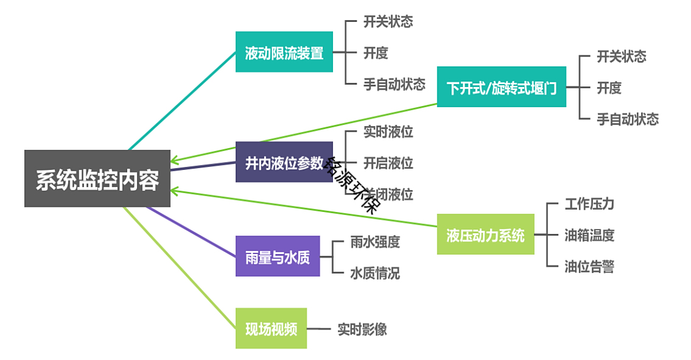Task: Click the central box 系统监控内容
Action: (97, 178)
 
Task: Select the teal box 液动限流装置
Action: (284, 52)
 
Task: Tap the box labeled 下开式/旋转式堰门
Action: (502, 87)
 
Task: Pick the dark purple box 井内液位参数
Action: (284, 162)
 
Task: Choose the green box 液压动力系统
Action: (486, 235)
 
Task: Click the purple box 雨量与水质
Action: (278, 256)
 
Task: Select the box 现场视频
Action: (271, 328)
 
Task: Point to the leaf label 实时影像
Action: (362, 329)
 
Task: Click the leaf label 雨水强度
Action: (375, 242)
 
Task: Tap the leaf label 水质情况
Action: (375, 274)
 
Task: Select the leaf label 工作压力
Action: (590, 204)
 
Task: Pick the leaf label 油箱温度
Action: (590, 235)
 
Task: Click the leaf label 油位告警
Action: (590, 266)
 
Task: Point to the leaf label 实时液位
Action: (388, 132)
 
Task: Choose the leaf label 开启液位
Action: (388, 163)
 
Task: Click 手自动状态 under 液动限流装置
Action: (395, 84)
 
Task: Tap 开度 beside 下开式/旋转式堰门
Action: (609, 88)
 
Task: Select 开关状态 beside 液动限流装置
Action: (388, 21)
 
